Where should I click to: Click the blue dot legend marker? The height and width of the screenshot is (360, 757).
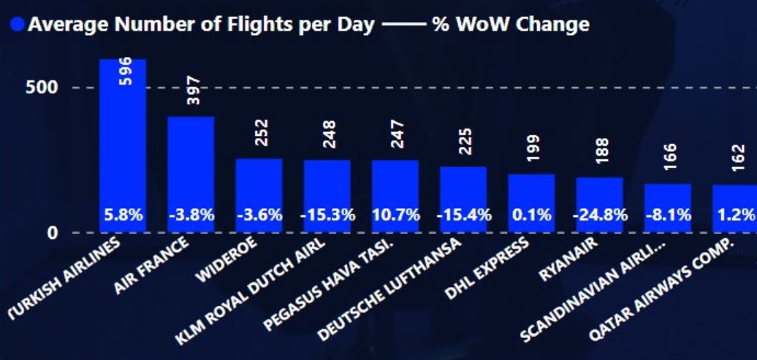(x=17, y=25)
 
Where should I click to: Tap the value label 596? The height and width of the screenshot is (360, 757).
(x=125, y=71)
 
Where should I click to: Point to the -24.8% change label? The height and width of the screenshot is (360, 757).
(x=600, y=215)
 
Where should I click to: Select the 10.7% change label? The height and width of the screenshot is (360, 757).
(x=395, y=215)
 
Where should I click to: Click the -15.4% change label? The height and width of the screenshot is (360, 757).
(x=463, y=215)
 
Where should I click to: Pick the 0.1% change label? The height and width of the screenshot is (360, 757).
(x=532, y=215)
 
